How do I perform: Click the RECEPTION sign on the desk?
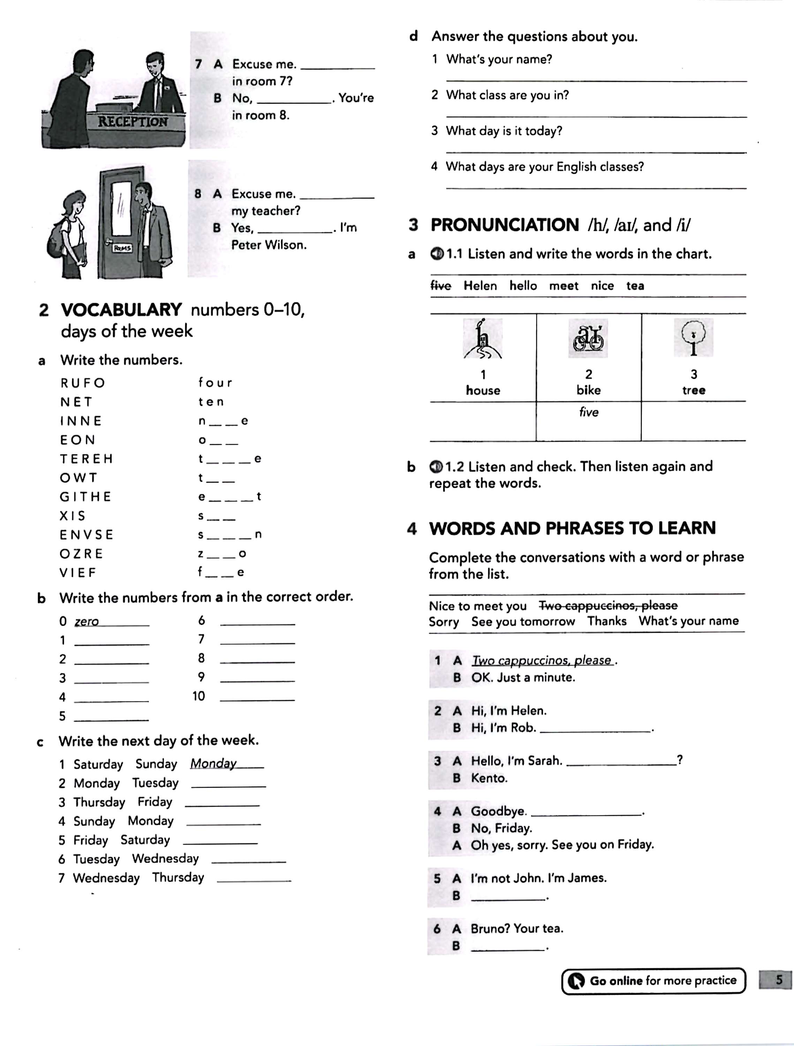133,122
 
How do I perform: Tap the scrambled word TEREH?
86,459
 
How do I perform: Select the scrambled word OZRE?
81,554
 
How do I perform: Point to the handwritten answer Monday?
213,763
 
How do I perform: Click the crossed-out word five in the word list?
441,286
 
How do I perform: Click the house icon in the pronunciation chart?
482,339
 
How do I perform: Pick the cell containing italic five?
588,421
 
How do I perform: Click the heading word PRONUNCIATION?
505,225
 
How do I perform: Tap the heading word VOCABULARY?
121,310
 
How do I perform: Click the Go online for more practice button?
653,981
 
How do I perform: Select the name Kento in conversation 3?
489,778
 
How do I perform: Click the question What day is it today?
504,131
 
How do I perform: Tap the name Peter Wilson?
269,245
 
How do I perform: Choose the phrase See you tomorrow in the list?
523,621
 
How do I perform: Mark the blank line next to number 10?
257,700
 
